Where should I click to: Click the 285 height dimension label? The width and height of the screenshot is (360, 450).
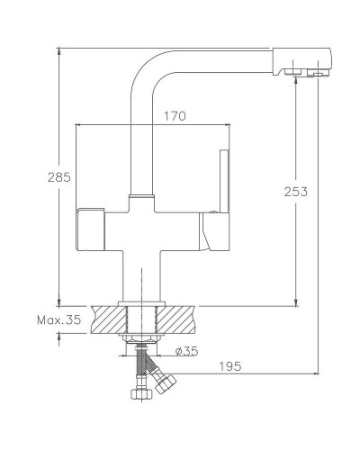pos(59,177)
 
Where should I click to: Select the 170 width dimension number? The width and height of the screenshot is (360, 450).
pos(175,116)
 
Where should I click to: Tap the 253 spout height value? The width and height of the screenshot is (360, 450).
pos(296,192)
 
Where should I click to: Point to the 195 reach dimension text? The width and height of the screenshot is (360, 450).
pos(230,366)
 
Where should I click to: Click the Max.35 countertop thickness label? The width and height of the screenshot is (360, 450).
pos(59,319)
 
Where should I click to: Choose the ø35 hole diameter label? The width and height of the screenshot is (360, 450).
pos(186,351)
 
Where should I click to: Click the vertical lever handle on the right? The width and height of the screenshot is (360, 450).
pos(225,181)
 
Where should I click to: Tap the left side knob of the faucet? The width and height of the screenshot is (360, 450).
pos(90,229)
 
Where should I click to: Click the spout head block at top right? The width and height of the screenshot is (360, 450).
pos(301,62)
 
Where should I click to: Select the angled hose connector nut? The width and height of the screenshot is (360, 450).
pos(166,384)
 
